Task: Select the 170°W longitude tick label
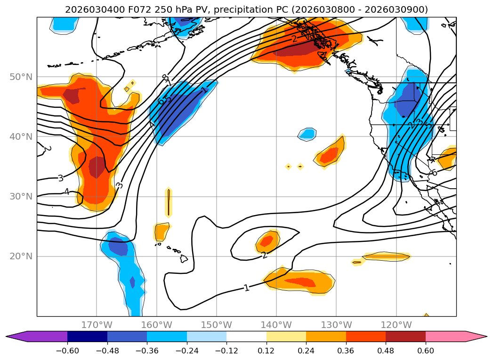[x=96, y=325]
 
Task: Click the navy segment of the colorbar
[x=87, y=336]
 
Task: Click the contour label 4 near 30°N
[x=66, y=192]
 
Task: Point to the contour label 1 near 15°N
[x=246, y=288]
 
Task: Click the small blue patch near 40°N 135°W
[x=307, y=134]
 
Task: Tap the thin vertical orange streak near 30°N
[x=169, y=202]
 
